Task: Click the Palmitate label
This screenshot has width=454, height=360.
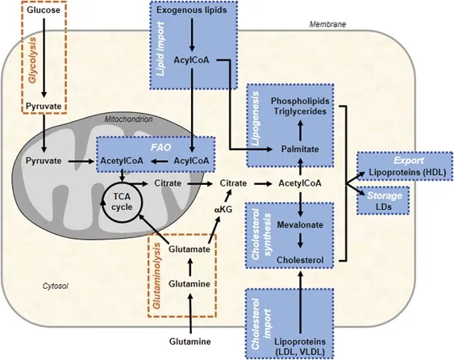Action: pyautogui.click(x=299, y=149)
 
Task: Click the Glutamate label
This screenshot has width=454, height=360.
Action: pyautogui.click(x=190, y=228)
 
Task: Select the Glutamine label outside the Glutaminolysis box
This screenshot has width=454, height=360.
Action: pyautogui.click(x=190, y=342)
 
